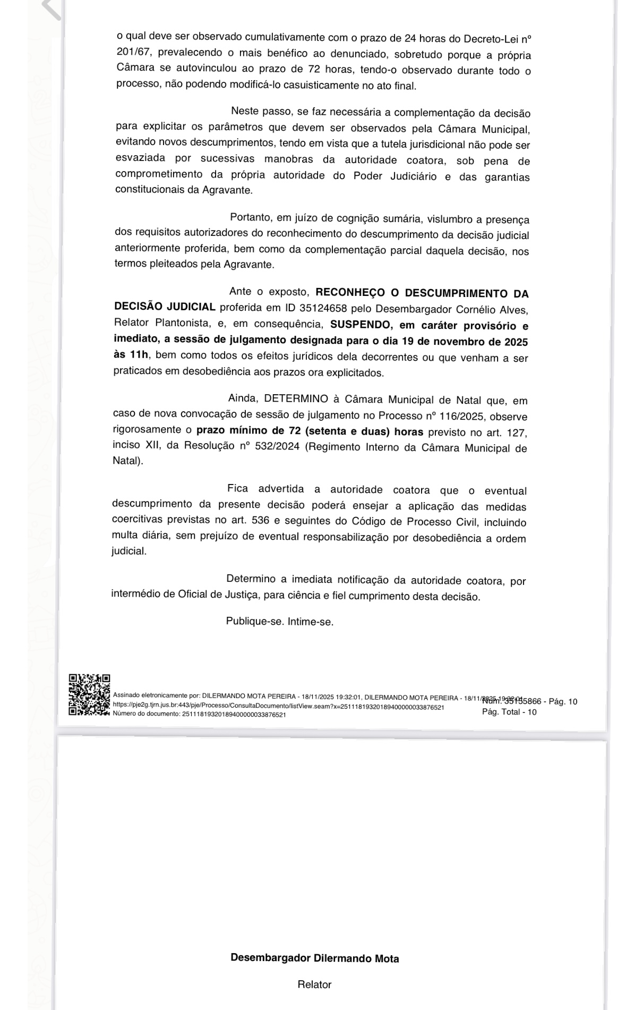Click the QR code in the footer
tap(89, 694)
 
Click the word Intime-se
tap(311, 621)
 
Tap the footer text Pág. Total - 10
tap(509, 712)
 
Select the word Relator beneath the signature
tap(314, 984)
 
